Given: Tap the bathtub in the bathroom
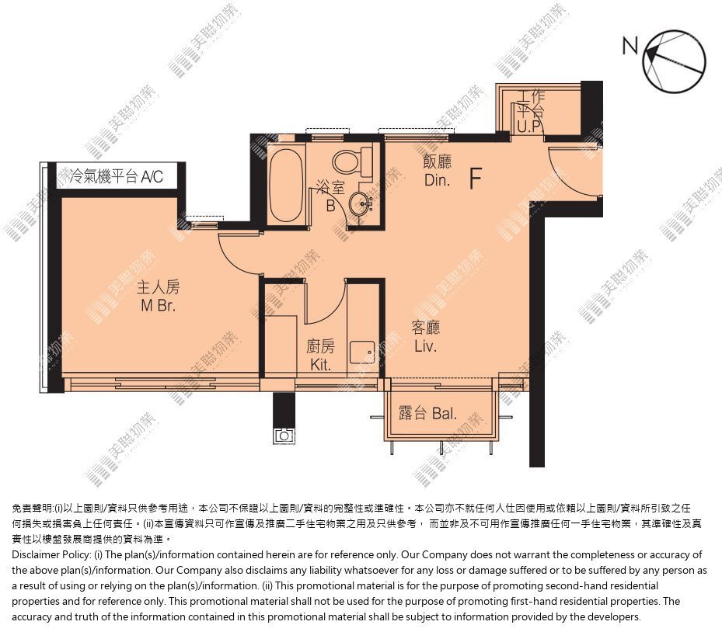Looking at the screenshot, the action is [x=286, y=186].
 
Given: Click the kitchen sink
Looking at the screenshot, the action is [x=362, y=352].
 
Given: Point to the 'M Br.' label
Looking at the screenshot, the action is [x=158, y=305].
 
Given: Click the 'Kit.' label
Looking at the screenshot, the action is [x=320, y=365].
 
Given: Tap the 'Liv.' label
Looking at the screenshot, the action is [x=425, y=346].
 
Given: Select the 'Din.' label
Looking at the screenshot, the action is [x=437, y=180].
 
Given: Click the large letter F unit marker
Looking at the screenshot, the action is [x=476, y=179].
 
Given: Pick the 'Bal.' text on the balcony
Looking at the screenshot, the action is [x=444, y=414].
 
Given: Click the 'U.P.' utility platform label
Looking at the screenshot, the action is [x=529, y=127].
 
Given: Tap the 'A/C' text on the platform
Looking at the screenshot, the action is [x=152, y=176].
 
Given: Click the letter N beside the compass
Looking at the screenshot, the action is [x=630, y=46].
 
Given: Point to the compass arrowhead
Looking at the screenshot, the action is [x=650, y=54].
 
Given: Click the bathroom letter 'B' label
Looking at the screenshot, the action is [x=330, y=206].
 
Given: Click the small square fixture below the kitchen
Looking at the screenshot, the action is [x=284, y=435].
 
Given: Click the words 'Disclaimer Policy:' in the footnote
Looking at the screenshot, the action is [x=51, y=554].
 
